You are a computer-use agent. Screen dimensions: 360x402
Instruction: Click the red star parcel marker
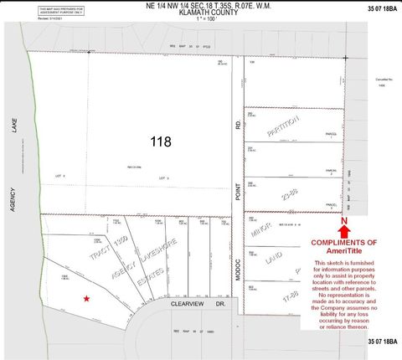85,298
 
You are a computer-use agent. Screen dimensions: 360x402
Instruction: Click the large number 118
162,141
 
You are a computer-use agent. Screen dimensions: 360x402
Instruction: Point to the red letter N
344,221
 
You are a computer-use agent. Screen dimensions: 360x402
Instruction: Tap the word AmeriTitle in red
344,250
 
